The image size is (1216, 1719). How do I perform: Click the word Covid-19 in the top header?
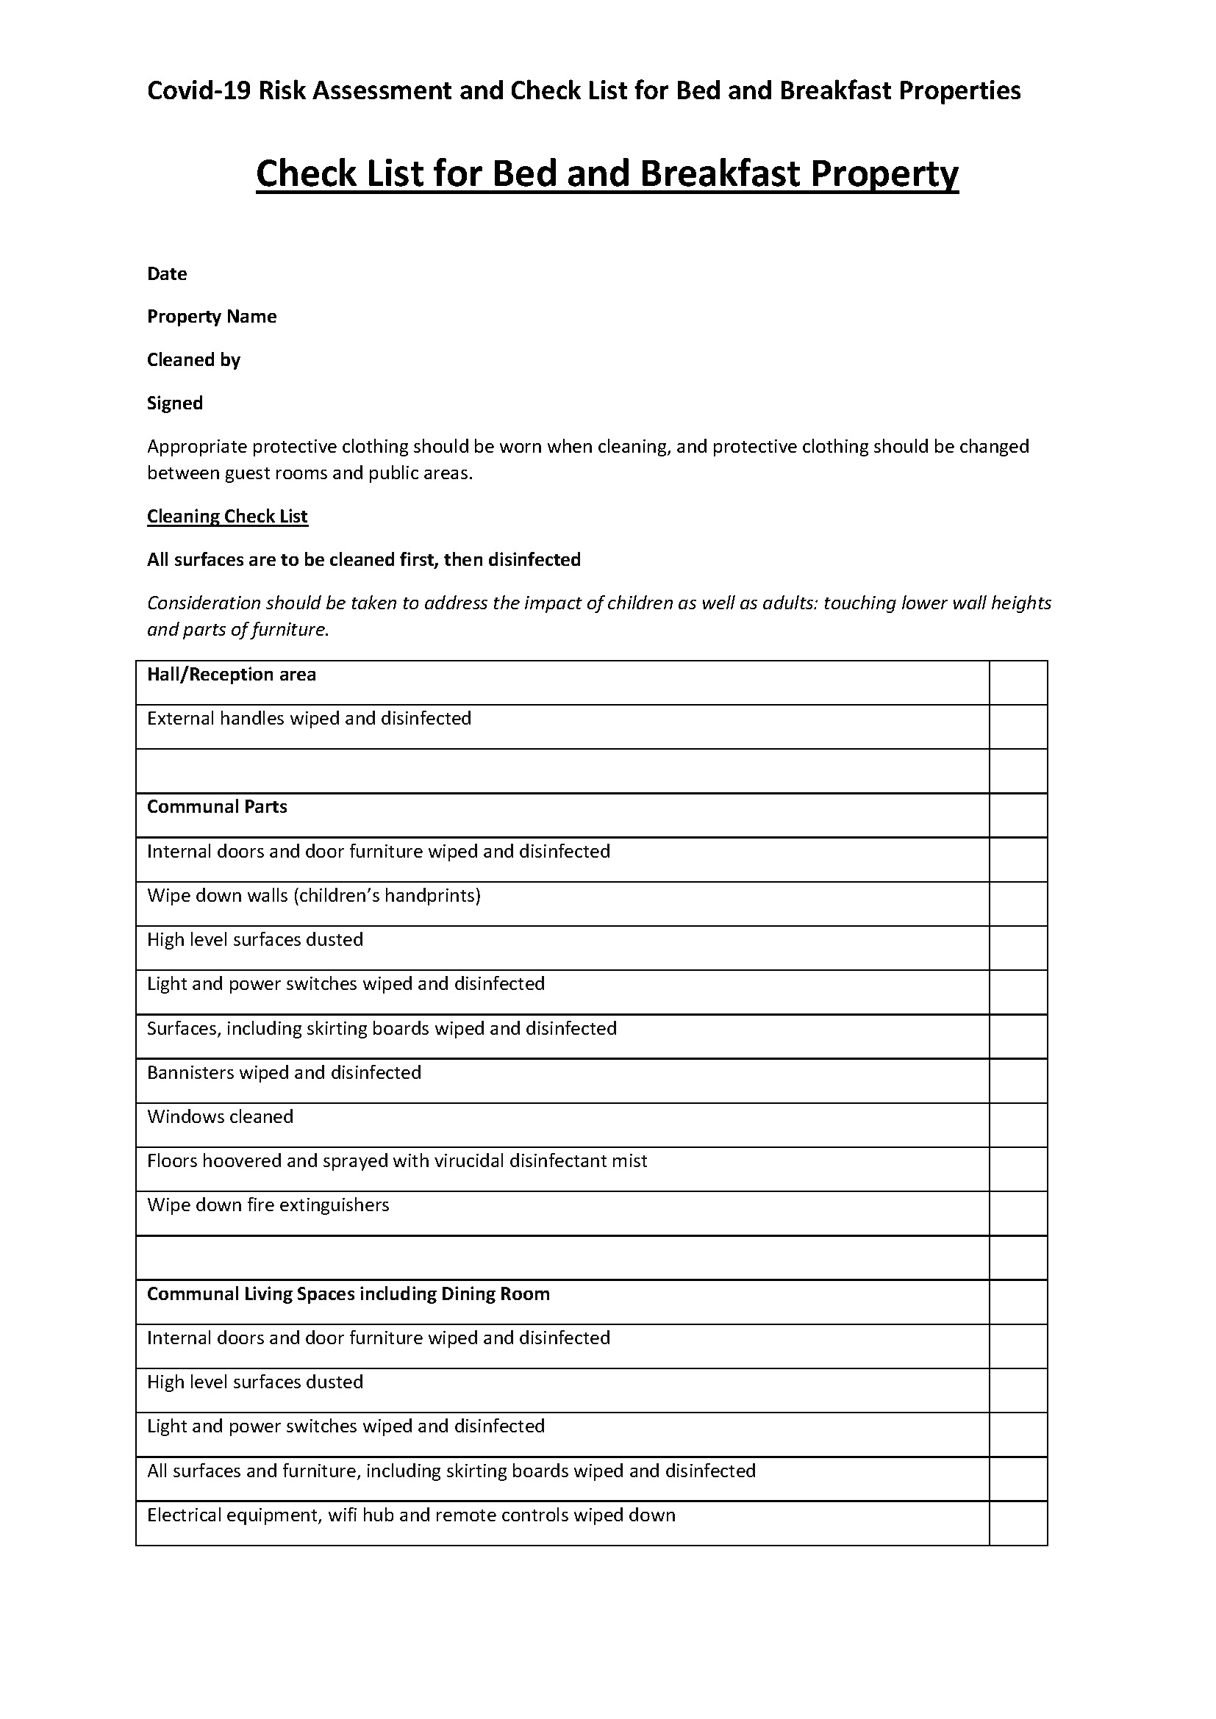199,91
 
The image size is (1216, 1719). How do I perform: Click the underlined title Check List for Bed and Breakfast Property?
607,173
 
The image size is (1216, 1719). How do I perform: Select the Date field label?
167,274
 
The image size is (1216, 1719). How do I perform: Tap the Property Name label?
212,317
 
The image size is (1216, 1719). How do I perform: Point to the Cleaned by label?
194,360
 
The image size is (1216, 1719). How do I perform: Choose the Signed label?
175,403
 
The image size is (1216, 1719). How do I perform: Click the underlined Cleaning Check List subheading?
228,517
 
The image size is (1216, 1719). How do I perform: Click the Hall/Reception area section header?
232,675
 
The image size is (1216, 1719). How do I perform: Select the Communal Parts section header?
217,807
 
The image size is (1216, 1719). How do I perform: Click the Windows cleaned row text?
220,1117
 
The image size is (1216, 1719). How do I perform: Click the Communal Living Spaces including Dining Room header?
348,1294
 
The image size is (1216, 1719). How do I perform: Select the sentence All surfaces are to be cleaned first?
364,560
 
